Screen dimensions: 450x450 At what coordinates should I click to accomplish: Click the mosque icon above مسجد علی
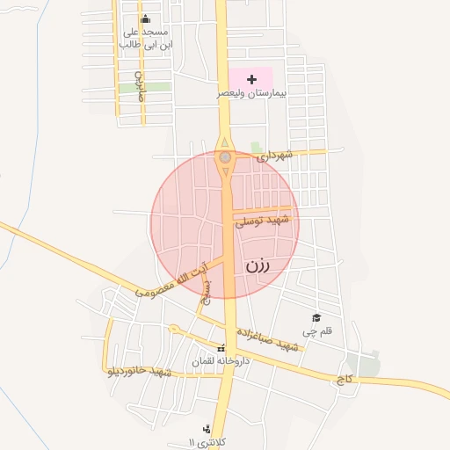pyautogui.click(x=145, y=19)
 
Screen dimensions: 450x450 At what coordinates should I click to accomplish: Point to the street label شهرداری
pyautogui.click(x=272, y=156)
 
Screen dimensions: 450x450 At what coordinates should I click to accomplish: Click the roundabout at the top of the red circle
pyautogui.click(x=226, y=157)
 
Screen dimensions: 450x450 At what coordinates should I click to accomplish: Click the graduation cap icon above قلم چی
pyautogui.click(x=316, y=317)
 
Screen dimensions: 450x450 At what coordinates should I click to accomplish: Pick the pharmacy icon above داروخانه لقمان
pyautogui.click(x=221, y=347)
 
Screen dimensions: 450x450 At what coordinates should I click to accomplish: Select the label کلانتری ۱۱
pyautogui.click(x=204, y=441)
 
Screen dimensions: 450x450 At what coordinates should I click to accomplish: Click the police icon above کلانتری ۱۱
pyautogui.click(x=207, y=428)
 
